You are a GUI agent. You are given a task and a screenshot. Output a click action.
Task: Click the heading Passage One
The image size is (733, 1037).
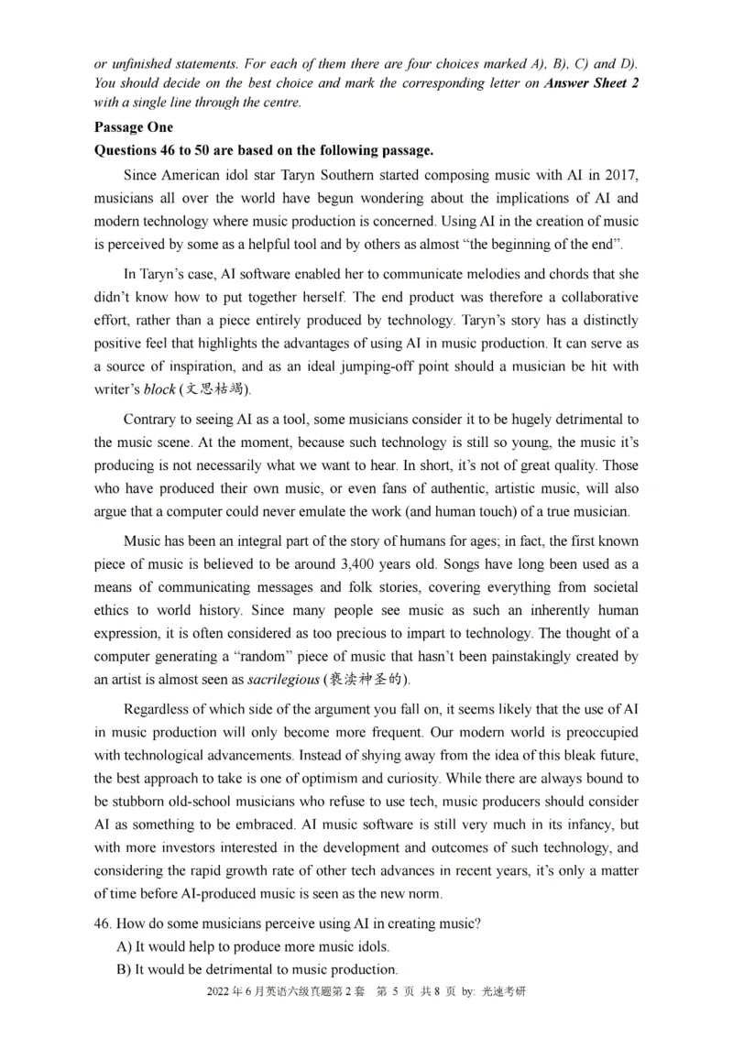click(x=133, y=127)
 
